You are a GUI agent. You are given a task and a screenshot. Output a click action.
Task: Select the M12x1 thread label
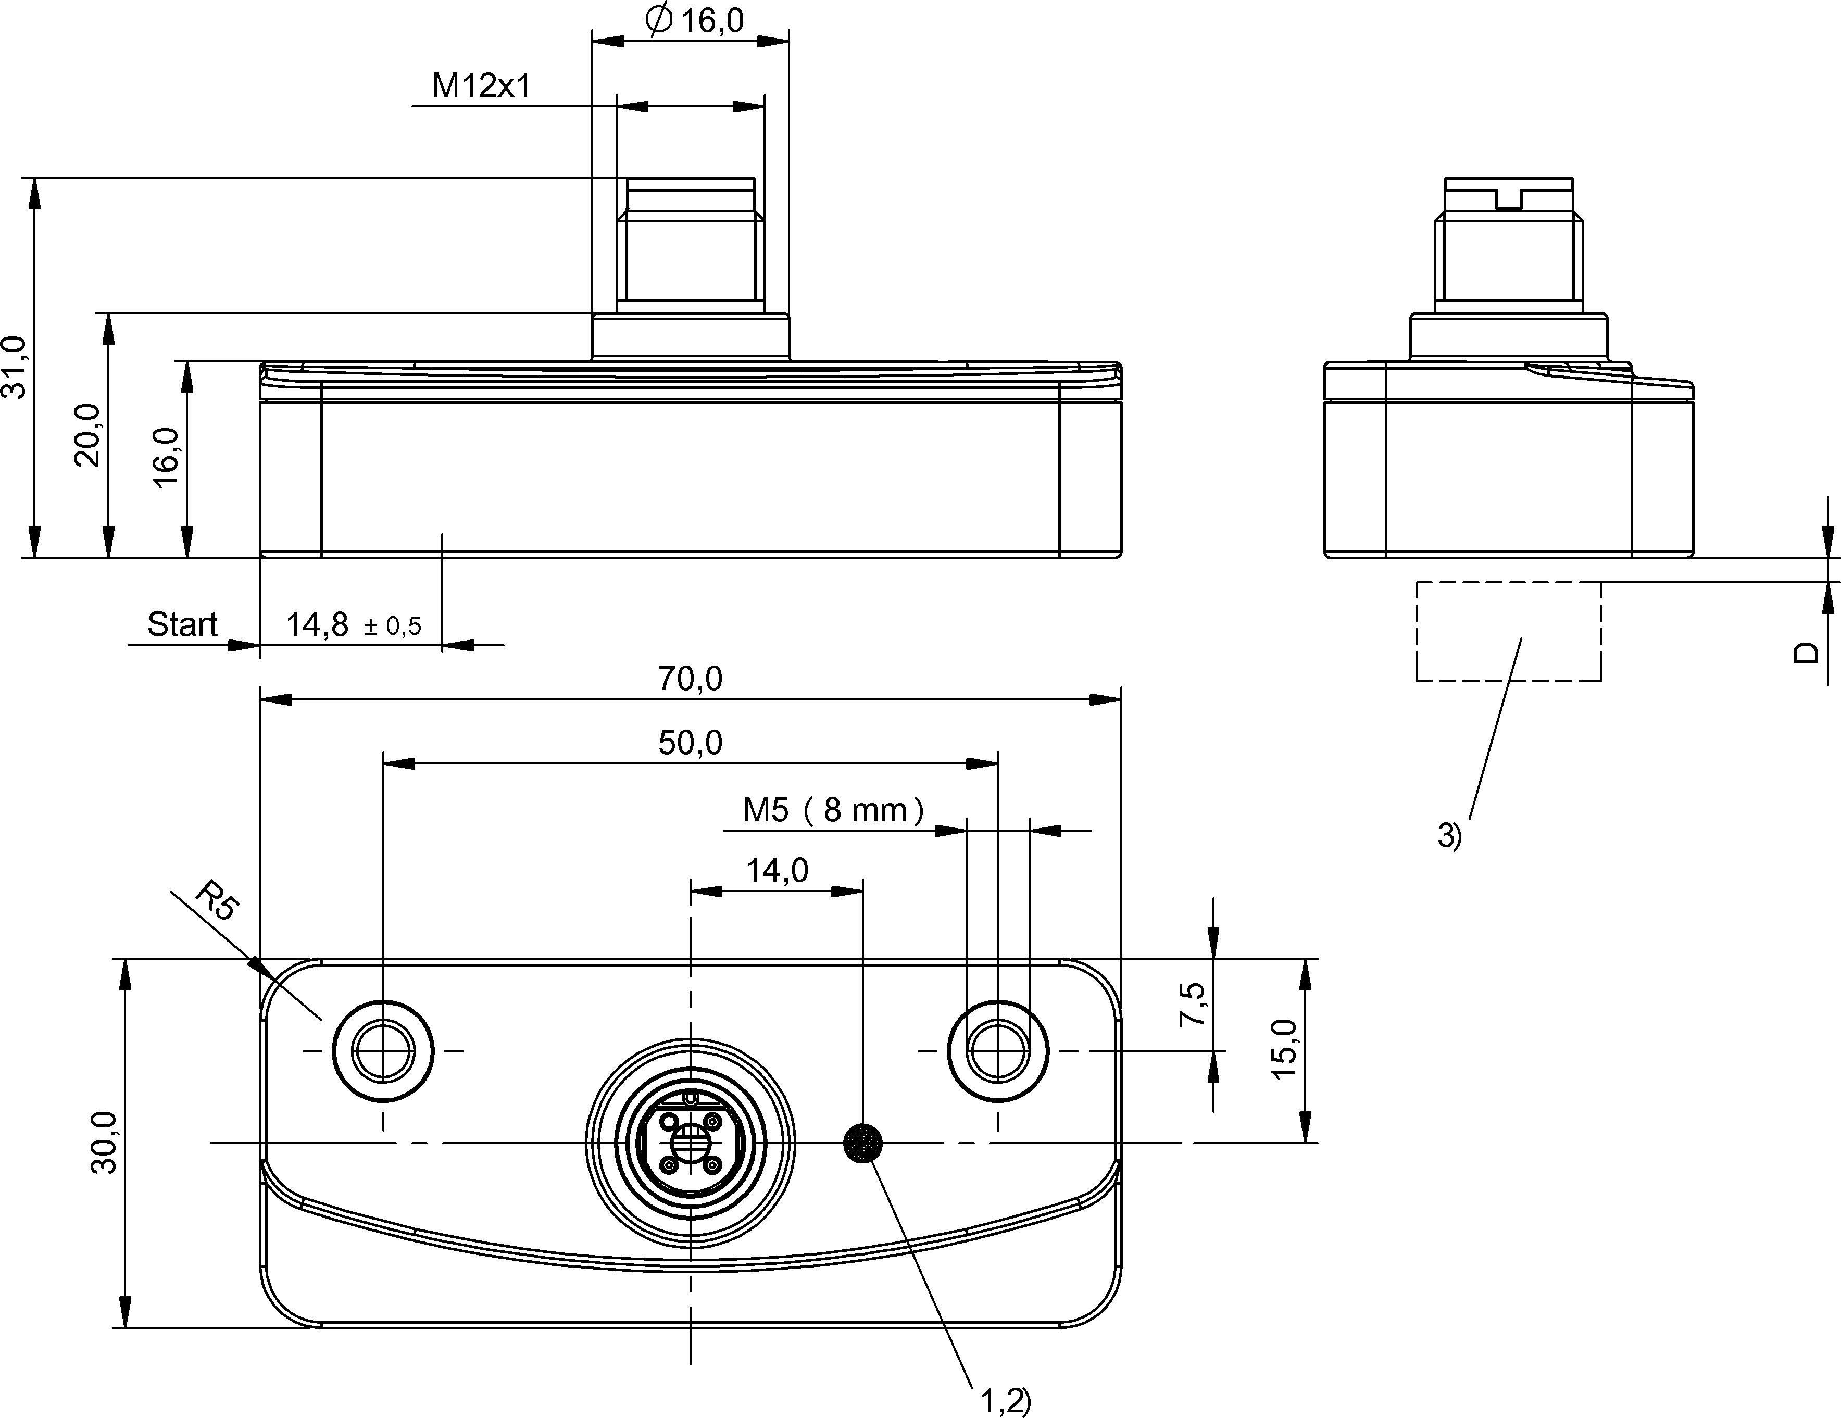click(481, 85)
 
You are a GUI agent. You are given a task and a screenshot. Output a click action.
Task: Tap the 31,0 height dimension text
click(16, 367)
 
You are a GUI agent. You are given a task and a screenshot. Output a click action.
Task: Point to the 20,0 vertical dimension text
click(87, 435)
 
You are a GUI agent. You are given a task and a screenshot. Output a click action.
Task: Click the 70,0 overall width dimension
click(691, 679)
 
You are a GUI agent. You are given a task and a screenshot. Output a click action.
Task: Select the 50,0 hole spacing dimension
click(691, 743)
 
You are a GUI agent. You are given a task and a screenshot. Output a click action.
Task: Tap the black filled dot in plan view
click(863, 1143)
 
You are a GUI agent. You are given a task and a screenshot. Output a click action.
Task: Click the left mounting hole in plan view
click(383, 1050)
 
